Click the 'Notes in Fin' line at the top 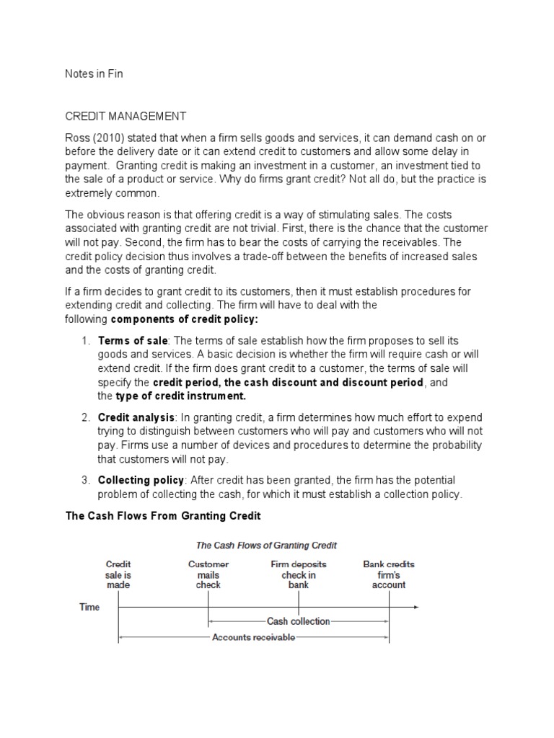(x=94, y=74)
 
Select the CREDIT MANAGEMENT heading (x=126, y=115)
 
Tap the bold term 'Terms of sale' (x=133, y=340)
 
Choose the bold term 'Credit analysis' (x=136, y=417)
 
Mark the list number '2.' (x=85, y=417)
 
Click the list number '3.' (x=85, y=480)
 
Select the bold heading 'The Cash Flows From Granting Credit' (x=163, y=516)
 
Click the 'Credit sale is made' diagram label (x=118, y=574)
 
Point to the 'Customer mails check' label (x=208, y=574)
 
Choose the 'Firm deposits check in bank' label (x=299, y=574)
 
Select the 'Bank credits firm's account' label (x=389, y=574)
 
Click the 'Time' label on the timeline (x=89, y=608)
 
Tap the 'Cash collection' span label (x=299, y=621)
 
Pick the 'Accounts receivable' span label (x=253, y=638)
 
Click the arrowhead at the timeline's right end (x=415, y=608)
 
